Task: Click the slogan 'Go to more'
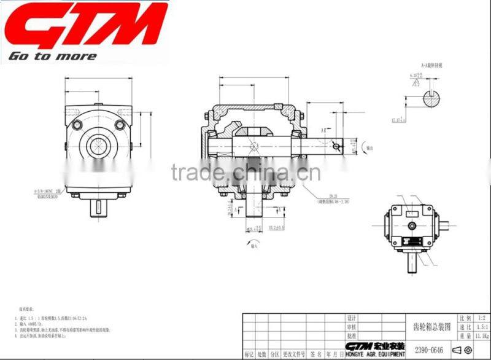[52, 57]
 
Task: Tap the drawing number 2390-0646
[429, 350]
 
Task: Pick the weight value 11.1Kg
[479, 337]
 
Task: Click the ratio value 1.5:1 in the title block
[479, 329]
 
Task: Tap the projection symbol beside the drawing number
[463, 350]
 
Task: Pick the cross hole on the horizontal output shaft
[334, 146]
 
